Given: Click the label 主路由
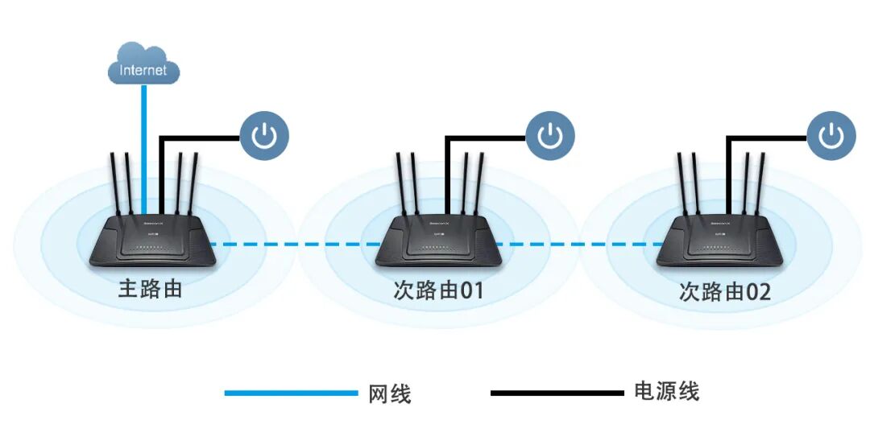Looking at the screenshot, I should [x=150, y=288].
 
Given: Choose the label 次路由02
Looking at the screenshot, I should [x=724, y=291].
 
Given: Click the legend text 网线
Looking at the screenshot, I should [x=390, y=394].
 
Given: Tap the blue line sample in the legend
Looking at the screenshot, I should [x=291, y=393].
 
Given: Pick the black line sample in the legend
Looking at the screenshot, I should [x=557, y=393].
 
